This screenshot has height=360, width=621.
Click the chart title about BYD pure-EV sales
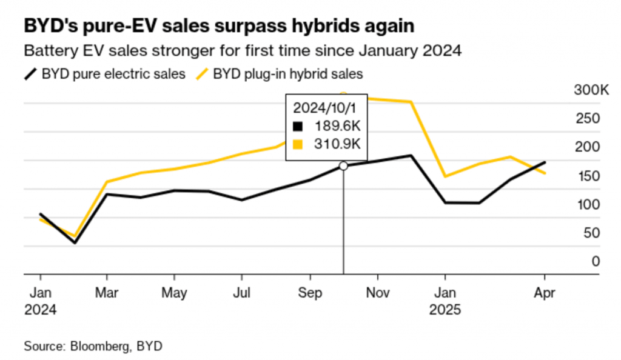pos(219,26)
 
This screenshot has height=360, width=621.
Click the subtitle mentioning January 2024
pos(243,50)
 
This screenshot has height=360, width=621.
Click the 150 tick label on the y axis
pos(588,176)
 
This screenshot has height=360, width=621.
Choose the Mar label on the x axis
pos(107,291)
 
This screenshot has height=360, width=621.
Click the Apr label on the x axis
pos(544,291)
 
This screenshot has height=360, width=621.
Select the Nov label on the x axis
pos(377,291)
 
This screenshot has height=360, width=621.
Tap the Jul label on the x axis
pos(242,291)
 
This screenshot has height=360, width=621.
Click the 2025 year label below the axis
pos(445,309)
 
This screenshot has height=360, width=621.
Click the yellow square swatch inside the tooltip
pos(297,144)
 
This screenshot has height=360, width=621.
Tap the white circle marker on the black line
pos(343,165)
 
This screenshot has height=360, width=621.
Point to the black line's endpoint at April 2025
pos(545,162)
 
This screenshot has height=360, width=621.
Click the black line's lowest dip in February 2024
pos(75,242)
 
